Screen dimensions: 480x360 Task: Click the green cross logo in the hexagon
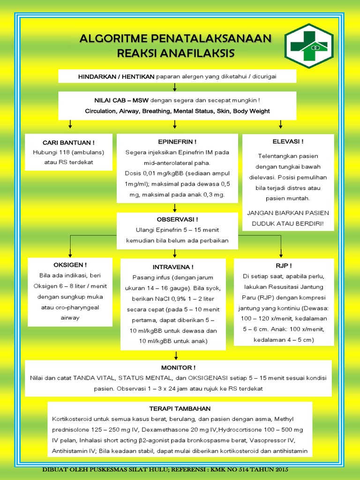pos(309,46)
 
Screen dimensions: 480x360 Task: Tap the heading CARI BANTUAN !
pos(68,142)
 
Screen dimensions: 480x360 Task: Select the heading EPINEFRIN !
pos(177,142)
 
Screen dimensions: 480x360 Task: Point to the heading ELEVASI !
pos(288,141)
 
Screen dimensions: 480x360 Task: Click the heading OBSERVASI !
pos(177,219)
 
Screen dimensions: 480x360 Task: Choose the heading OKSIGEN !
pos(70,264)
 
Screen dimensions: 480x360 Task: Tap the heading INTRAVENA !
pos(173,266)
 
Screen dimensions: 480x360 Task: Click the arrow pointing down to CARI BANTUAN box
pos(70,124)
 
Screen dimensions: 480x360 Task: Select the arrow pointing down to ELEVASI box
pos(281,124)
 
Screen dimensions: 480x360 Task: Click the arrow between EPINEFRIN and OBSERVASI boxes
pos(174,208)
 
